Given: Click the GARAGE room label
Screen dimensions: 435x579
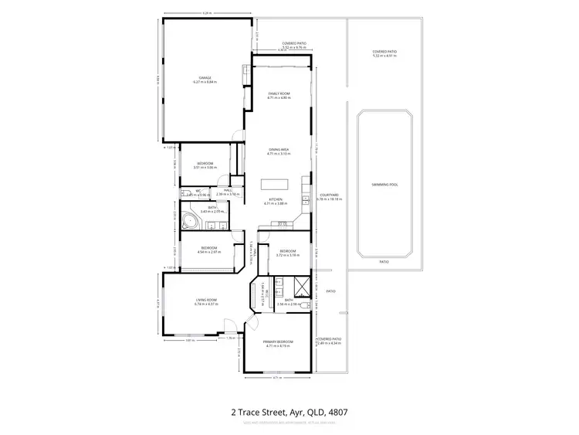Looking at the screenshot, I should (x=205, y=79).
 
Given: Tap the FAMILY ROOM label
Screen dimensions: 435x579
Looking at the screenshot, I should (x=279, y=95).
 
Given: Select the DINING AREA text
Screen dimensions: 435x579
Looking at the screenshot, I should (x=279, y=151).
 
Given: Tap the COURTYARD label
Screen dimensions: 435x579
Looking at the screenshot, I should (x=330, y=197).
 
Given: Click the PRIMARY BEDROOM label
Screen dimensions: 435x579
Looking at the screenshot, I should (x=279, y=343).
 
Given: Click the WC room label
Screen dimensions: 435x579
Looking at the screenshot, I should (x=198, y=191).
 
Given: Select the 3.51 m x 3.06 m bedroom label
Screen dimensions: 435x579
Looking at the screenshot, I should (x=205, y=165).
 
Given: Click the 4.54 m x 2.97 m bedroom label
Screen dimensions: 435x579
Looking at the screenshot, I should (x=208, y=250).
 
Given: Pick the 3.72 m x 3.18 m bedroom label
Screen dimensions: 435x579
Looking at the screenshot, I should (x=288, y=252).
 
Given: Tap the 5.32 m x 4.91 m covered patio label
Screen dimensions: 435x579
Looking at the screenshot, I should (x=384, y=53).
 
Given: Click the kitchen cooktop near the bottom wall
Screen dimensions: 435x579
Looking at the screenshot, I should (x=282, y=224).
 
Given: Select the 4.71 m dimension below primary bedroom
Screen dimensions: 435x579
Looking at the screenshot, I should (x=275, y=378).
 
